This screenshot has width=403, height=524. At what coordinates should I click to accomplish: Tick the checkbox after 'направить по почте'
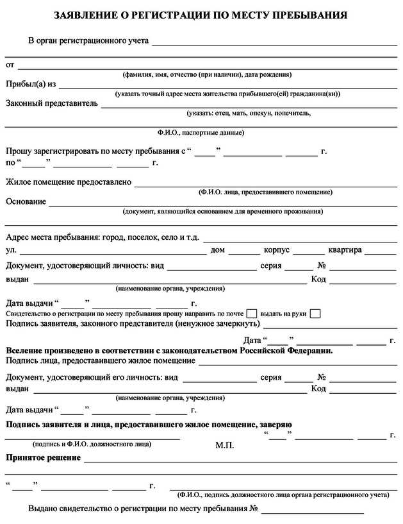pos(252,314)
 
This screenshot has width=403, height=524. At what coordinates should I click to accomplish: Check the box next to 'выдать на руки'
pos(315,314)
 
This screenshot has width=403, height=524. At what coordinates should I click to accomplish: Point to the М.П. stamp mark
pos(225,444)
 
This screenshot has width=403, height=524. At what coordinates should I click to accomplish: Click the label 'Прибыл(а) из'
pos(31,84)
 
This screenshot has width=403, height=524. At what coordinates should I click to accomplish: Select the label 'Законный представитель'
pos(52,103)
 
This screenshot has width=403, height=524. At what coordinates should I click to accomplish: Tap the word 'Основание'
pos(26,201)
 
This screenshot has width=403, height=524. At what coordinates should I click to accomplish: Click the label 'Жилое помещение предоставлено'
pos(69,182)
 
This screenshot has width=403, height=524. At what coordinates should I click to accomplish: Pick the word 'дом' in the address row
pos(217,249)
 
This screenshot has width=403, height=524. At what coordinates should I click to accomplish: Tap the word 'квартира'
pos(345,249)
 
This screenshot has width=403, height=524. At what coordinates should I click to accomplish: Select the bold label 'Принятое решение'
pos(43,458)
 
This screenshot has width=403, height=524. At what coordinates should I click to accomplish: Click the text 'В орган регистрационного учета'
pos(88,41)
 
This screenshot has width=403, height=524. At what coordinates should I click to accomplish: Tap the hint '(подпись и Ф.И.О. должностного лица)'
pos(92,444)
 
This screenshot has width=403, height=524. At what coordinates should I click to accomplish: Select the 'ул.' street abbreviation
pos(11,249)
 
